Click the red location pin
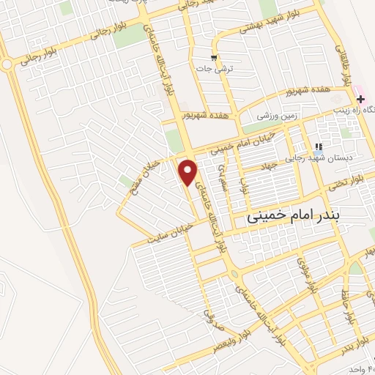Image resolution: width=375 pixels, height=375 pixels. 188,171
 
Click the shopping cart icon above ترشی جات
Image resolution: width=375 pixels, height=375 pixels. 213,57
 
